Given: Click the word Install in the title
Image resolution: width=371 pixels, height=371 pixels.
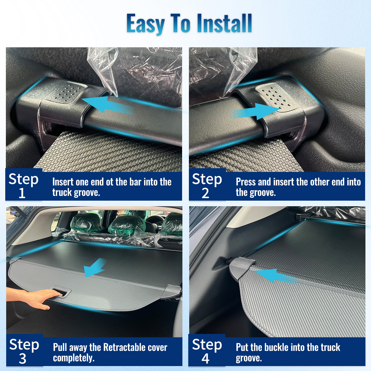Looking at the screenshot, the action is coord(225,23).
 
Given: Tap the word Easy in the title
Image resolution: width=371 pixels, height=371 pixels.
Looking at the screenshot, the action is coord(146,25).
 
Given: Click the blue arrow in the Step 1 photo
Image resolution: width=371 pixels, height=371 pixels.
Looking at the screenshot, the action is coord(107,104).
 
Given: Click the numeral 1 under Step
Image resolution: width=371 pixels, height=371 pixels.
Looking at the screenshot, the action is coord(22,193).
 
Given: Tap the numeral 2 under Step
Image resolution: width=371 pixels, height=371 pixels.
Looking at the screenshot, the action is coord(205,193).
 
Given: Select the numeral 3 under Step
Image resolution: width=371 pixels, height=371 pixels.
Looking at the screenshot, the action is coord(23,359).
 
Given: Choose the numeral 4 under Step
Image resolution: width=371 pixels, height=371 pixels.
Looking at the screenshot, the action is coord(205,359).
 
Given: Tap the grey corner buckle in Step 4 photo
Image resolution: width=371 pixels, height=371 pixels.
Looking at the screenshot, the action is coord(242,269).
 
